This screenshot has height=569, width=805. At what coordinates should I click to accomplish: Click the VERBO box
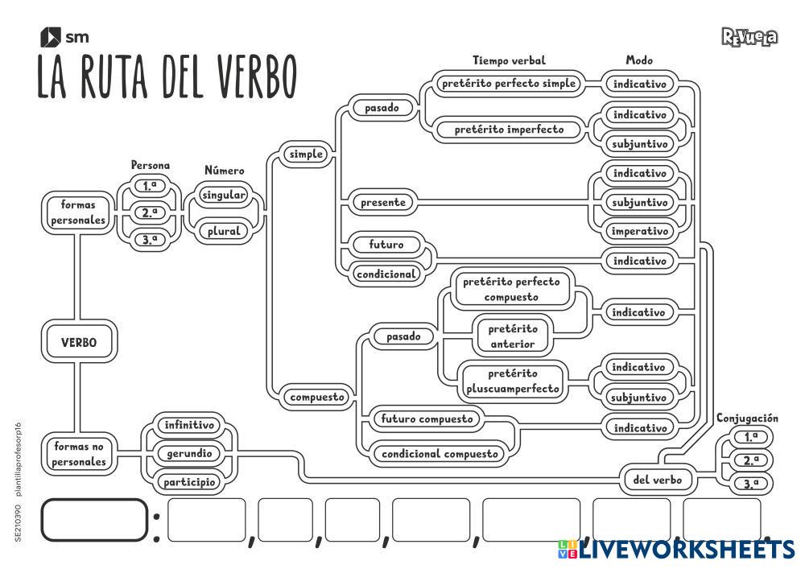(x=79, y=342)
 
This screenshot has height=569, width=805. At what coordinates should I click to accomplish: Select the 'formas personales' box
(x=78, y=212)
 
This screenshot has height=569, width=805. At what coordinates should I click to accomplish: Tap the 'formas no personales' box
(x=80, y=454)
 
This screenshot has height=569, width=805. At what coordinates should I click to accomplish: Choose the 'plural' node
(x=224, y=231)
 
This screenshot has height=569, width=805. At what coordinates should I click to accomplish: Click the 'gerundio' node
(x=189, y=454)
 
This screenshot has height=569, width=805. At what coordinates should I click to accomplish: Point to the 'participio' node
(x=189, y=482)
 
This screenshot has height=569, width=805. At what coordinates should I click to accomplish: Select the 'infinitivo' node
(x=189, y=425)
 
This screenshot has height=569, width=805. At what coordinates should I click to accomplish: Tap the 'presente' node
(x=383, y=202)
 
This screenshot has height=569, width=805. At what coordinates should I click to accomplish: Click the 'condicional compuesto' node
(x=440, y=454)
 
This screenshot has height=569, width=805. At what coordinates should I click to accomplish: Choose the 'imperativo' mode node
(x=640, y=231)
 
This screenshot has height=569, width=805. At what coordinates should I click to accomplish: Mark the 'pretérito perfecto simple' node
(x=509, y=83)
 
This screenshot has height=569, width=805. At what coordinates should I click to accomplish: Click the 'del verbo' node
(x=658, y=480)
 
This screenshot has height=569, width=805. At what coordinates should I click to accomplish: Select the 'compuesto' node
(x=317, y=396)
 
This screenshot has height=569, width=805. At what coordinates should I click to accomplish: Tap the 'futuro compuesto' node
(x=427, y=419)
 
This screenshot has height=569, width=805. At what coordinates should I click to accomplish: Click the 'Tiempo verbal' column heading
(x=509, y=60)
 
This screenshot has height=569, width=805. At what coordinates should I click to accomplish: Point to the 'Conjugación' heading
(x=748, y=418)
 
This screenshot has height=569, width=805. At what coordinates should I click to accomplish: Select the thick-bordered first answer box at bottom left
(x=95, y=521)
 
